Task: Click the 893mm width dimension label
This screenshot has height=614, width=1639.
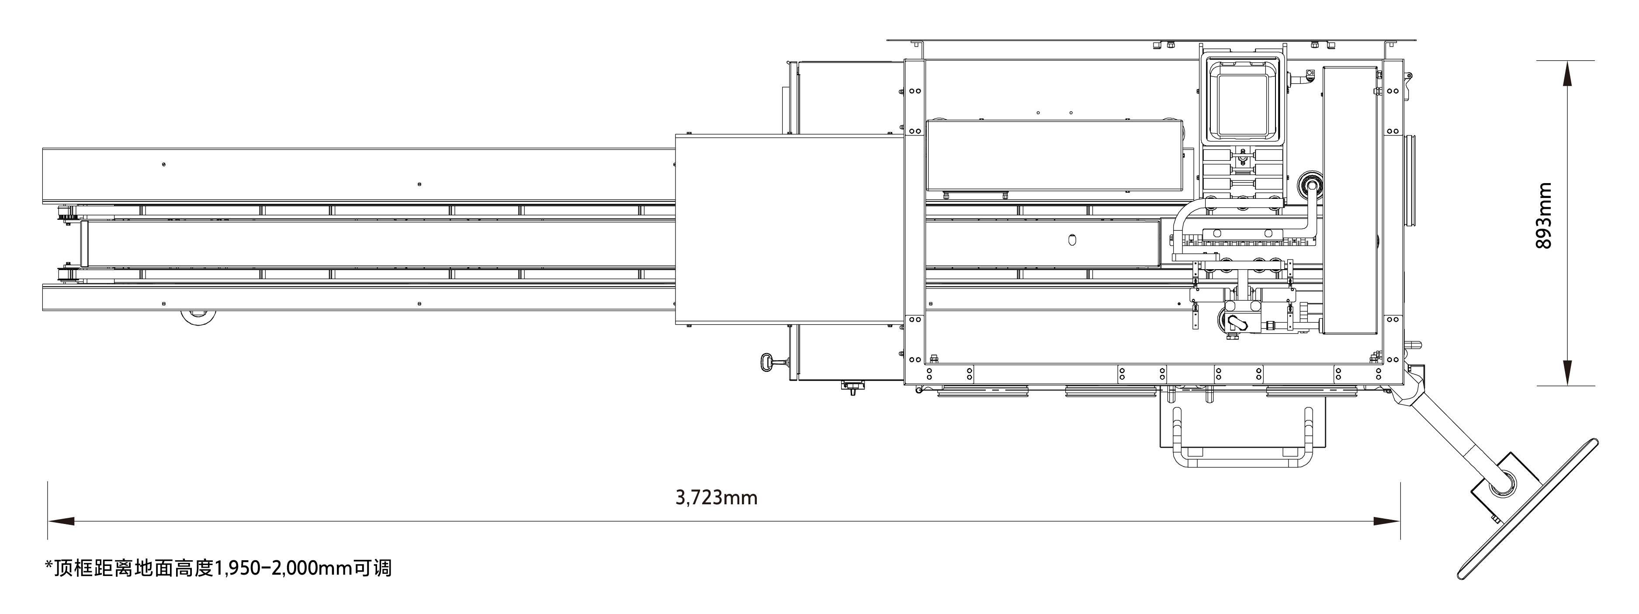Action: pyautogui.click(x=1544, y=216)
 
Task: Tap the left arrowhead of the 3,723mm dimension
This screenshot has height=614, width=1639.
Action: pyautogui.click(x=61, y=521)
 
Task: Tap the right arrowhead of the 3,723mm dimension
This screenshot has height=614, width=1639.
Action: pyautogui.click(x=1386, y=521)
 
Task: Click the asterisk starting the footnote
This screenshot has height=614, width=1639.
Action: pyautogui.click(x=49, y=564)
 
